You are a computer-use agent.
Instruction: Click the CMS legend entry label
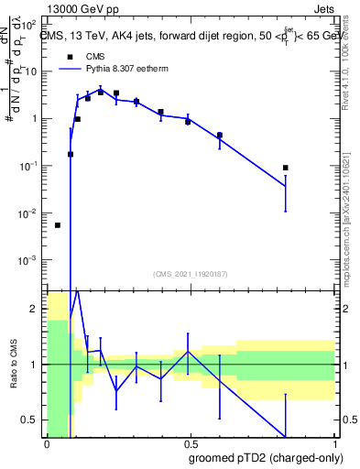point(95,57)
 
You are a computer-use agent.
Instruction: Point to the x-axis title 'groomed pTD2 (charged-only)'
point(265,458)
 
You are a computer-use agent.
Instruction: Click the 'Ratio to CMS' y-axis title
point(15,365)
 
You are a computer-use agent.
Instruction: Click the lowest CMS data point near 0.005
point(58,225)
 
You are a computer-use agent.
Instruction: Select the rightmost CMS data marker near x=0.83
point(286,168)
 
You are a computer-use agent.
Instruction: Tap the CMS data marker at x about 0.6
point(220,136)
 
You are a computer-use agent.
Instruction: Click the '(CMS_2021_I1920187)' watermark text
point(190,272)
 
